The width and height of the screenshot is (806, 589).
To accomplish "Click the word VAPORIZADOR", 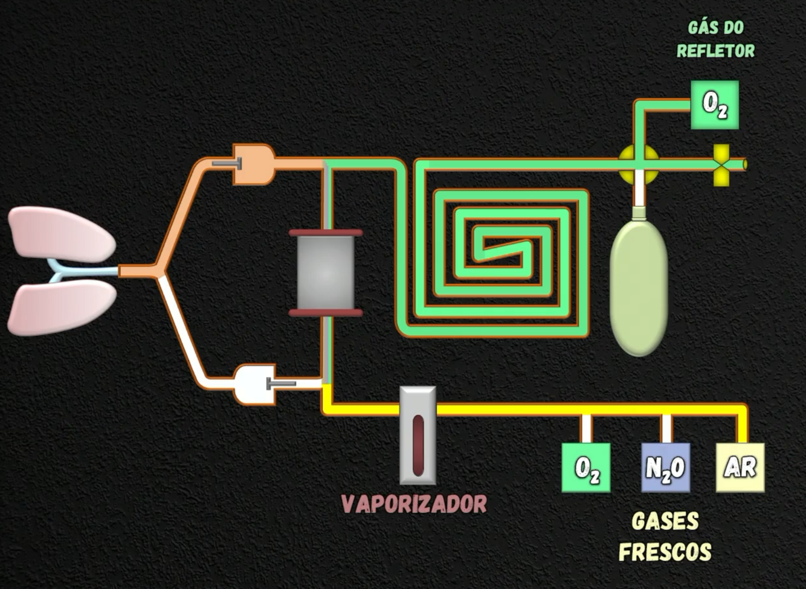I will point(414,504).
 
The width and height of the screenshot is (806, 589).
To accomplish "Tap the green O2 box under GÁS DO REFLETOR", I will point(715,105).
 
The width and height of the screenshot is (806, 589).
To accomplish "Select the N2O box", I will point(665,468).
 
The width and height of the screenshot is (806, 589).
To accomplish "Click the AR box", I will point(740,468).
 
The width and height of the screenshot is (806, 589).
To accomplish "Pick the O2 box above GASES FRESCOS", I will point(586,468).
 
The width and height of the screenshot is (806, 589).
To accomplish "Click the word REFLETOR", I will point(715,51).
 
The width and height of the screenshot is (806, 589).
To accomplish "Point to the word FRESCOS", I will point(665,552).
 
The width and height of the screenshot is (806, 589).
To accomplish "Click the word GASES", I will point(665,521).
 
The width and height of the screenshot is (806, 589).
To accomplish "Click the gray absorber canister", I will point(326,273).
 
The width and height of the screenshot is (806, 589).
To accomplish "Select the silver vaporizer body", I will point(418,435).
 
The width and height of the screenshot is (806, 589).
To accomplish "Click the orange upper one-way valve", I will point(254,163).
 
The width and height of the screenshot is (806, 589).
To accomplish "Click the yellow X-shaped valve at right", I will point(721,164).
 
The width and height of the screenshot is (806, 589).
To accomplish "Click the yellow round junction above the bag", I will point(639,164).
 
